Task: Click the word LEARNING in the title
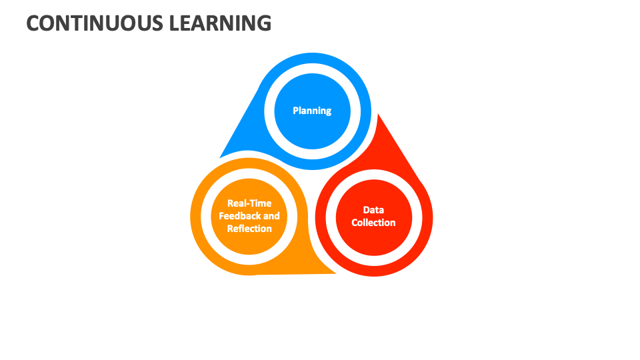221,23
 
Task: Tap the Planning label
312,111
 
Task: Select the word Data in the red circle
373,210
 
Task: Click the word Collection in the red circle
373,223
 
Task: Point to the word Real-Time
249,203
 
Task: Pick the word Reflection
249,229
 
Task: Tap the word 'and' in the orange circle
271,216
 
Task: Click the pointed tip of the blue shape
221,157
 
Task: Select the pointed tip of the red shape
379,115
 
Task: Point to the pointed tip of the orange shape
335,273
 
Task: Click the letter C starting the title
34,23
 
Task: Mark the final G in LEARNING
264,23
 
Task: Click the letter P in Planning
296,111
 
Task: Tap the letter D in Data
367,210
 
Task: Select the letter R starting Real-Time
231,203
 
